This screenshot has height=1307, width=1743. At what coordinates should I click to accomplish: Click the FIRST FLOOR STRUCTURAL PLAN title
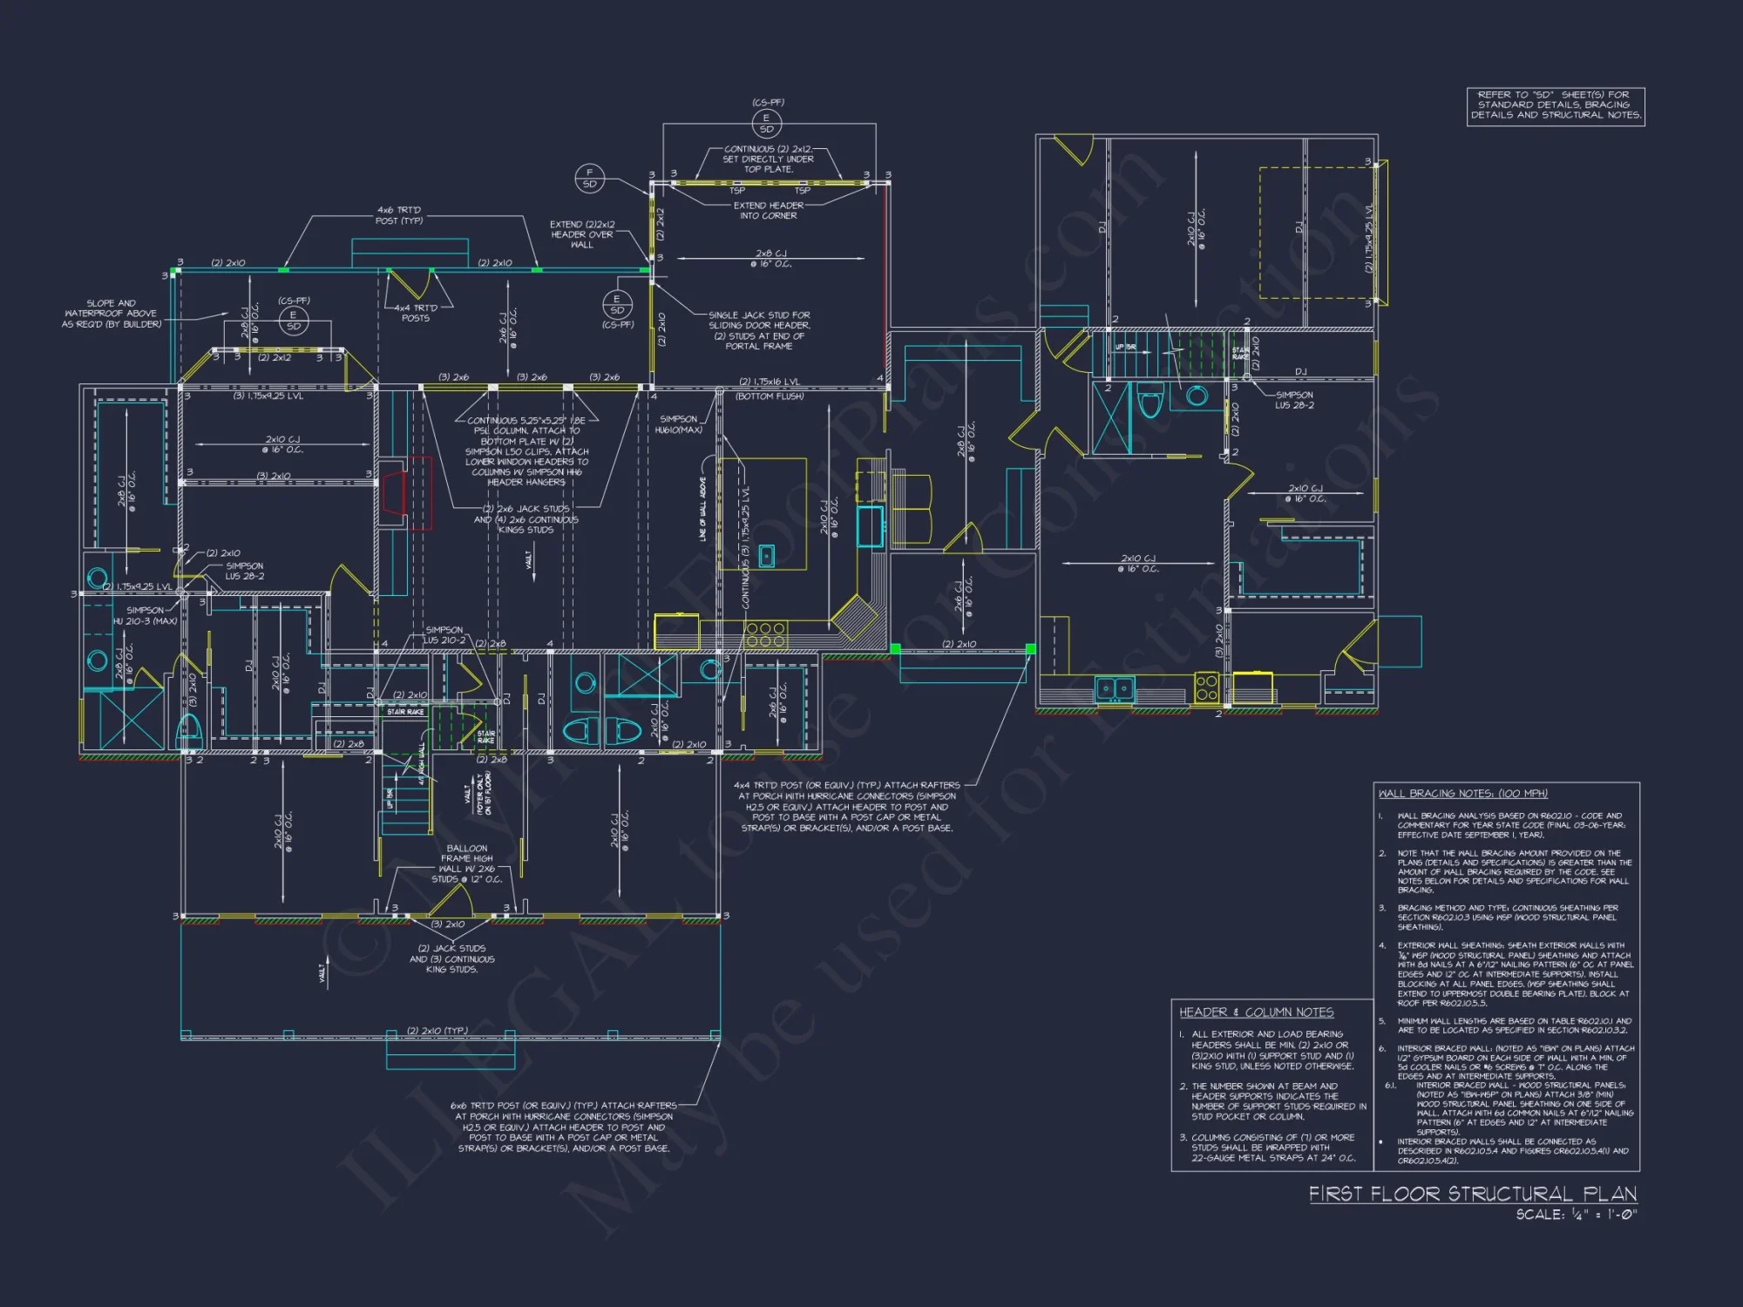pos(1472,1193)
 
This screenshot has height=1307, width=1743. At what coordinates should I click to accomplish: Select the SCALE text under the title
pos(1576,1214)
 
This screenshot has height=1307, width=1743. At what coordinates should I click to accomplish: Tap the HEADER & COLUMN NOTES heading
pos(1256,1012)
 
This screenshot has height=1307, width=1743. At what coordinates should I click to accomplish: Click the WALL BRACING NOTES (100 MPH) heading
pos(1462,793)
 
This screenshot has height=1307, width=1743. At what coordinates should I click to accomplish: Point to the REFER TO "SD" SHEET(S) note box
pos(1556,105)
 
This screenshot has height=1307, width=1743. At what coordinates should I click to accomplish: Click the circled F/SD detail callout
pos(590,178)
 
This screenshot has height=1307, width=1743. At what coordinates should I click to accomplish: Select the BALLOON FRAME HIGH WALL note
pos(467,863)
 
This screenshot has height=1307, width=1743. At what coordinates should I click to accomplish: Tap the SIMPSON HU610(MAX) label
pos(678,424)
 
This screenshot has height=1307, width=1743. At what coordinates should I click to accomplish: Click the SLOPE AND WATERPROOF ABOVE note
pos(112,314)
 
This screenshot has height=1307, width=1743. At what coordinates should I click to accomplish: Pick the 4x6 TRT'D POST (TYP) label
pos(399,215)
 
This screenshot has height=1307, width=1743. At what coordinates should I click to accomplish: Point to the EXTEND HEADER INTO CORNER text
pos(768,210)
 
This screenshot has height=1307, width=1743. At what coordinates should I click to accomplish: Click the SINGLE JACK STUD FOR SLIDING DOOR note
pos(759,330)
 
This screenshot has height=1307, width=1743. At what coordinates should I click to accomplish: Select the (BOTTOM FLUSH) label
pos(770,396)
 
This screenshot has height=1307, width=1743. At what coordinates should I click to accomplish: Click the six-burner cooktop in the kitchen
pos(766,634)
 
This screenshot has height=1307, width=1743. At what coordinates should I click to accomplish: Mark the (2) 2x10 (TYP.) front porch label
pos(437,1031)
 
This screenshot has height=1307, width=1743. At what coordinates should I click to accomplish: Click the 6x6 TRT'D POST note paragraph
pos(564,1127)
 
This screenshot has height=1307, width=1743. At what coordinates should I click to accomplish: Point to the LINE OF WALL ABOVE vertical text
pos(702,510)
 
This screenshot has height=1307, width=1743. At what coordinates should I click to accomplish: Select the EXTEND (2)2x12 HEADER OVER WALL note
pos(582,234)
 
